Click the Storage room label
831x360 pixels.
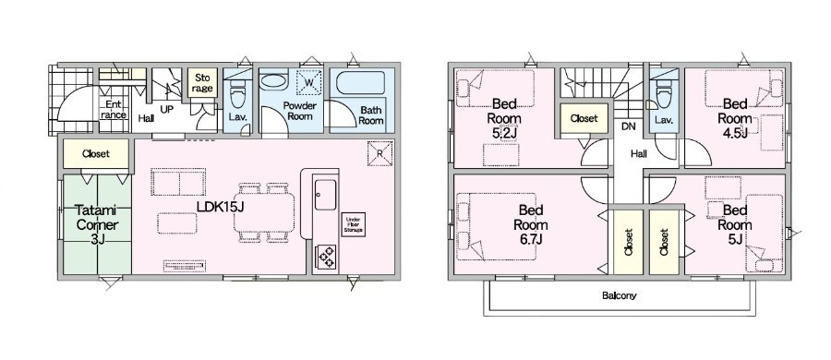202,83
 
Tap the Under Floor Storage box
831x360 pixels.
354,224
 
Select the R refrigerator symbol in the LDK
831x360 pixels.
380,154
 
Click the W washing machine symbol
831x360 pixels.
309,82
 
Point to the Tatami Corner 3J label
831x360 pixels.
97,225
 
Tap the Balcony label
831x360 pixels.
619,296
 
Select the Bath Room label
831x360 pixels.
371,115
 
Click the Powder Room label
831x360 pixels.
299,111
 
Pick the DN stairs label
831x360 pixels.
628,126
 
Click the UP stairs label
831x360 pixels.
166,109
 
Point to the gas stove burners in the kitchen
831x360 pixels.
326,256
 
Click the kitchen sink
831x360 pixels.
325,195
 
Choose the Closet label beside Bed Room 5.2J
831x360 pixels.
584,119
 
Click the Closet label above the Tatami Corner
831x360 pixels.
96,154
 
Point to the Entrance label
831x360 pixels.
114,109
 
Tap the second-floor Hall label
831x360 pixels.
639,154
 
